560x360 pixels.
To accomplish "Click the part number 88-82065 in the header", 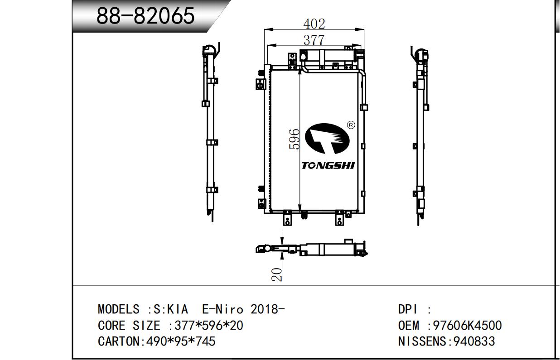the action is [145, 16].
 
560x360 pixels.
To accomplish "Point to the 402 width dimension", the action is [314, 24].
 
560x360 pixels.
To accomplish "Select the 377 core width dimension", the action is [314, 40].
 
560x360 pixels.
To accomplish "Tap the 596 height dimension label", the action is [294, 139].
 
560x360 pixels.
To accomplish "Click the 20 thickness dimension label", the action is [276, 274].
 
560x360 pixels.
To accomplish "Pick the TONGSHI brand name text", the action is [328, 165].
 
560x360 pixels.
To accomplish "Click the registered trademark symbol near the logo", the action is [351, 125].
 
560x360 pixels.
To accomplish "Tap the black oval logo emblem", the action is [327, 139].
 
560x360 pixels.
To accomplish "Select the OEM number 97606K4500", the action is [467, 325].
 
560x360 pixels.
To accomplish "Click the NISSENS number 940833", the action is [474, 341].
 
